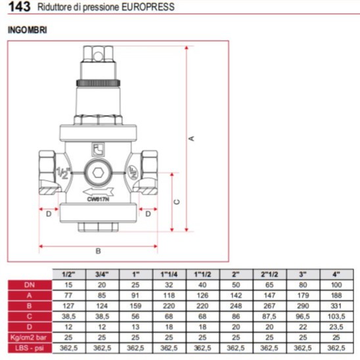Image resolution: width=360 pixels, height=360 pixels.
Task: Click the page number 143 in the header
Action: pos(19,7)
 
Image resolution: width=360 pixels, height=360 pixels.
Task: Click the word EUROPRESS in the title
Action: pos(148,7)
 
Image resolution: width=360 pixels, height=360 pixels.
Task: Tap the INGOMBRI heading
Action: pos(28,30)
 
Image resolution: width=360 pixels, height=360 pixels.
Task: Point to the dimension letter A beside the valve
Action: pos(191,139)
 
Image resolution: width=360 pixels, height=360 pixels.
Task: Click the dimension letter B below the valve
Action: pos(98,251)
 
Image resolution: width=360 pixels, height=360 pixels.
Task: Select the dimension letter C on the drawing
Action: pos(177,202)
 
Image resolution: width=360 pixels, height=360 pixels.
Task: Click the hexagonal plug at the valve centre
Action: pos(98,173)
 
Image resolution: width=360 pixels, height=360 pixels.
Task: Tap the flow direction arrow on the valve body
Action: pos(99,191)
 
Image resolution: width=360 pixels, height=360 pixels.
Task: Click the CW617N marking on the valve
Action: pos(98,199)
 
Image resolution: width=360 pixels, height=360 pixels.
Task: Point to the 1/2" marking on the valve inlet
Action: pos(63,173)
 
